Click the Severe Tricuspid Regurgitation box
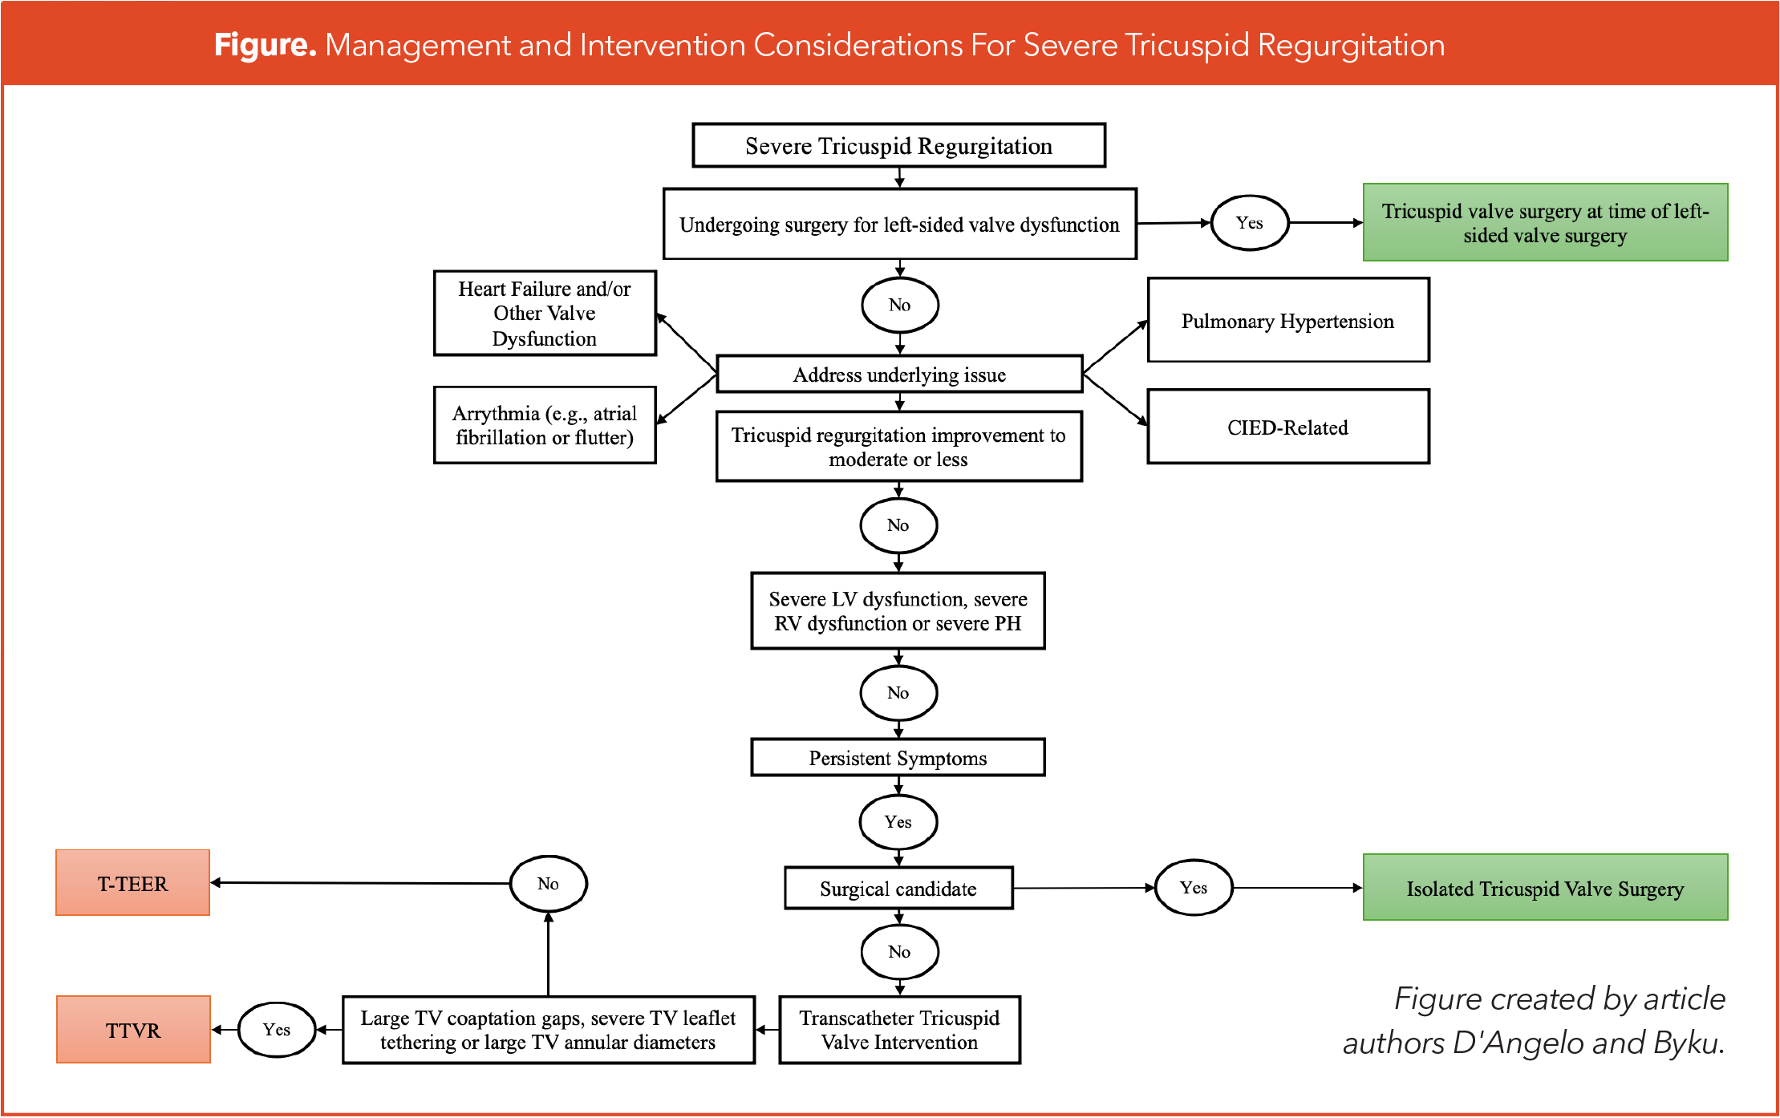tap(898, 146)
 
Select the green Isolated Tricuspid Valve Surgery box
tap(1545, 888)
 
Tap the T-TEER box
tap(133, 883)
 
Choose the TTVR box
tap(133, 1030)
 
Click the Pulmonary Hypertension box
tap(1287, 321)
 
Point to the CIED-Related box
tap(1287, 427)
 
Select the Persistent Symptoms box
tap(898, 758)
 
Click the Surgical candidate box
tap(898, 888)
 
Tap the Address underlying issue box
tap(898, 375)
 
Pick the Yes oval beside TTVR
tap(276, 1029)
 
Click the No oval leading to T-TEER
tap(548, 883)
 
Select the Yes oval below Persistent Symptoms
tap(898, 821)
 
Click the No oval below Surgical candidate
tap(898, 951)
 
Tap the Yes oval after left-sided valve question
tap(1249, 222)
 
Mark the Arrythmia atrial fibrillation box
tap(545, 425)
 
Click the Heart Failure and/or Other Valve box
tap(545, 313)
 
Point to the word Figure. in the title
tap(265, 45)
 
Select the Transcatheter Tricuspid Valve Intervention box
tap(899, 1030)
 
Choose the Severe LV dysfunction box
tap(898, 611)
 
